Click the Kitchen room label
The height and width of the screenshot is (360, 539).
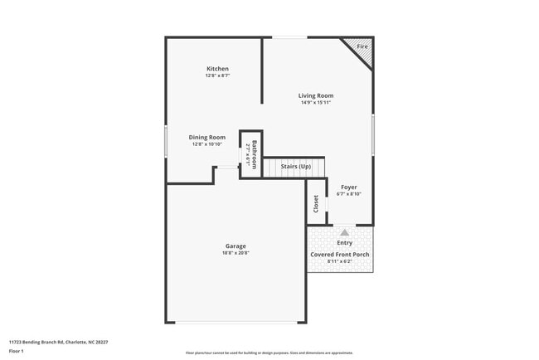tap(217, 69)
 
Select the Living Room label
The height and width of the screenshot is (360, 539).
tap(316, 95)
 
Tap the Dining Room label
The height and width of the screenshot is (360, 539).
tap(207, 137)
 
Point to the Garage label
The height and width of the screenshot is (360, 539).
tap(236, 246)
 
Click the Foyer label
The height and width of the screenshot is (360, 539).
tap(348, 187)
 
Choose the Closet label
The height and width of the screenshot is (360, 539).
tap(316, 203)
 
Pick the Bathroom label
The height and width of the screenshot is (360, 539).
tap(255, 155)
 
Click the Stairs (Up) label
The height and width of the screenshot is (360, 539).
tap(296, 167)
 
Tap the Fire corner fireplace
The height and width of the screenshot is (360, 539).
tap(362, 47)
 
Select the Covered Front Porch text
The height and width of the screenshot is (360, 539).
tap(340, 254)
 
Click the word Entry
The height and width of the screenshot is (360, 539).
tap(345, 242)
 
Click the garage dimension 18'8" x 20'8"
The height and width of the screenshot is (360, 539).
tap(236, 253)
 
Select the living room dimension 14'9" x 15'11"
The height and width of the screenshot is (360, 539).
tap(316, 103)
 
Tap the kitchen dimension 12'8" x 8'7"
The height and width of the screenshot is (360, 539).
tap(217, 75)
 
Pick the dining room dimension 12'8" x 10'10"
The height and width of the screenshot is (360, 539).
tap(207, 144)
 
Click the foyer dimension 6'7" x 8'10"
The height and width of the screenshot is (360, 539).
tap(348, 195)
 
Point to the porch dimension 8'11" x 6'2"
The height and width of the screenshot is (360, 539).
tap(340, 261)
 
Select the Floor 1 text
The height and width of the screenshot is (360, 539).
tap(17, 351)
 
